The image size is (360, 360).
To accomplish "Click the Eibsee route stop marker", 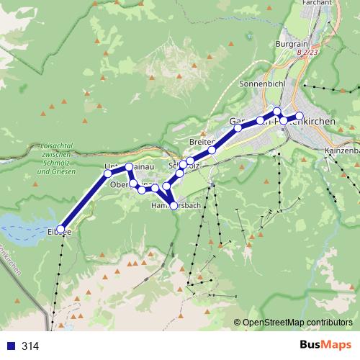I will click(x=60, y=230).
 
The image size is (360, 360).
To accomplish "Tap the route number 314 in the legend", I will click(x=30, y=346).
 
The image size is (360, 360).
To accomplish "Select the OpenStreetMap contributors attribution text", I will click(x=297, y=323).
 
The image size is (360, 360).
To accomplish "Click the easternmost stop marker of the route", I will click(x=300, y=116).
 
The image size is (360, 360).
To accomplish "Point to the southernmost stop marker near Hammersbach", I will click(x=174, y=206).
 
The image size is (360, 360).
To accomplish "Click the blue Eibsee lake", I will click(x=22, y=224).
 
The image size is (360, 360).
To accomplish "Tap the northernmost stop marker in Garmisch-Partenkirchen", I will click(x=276, y=111).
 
